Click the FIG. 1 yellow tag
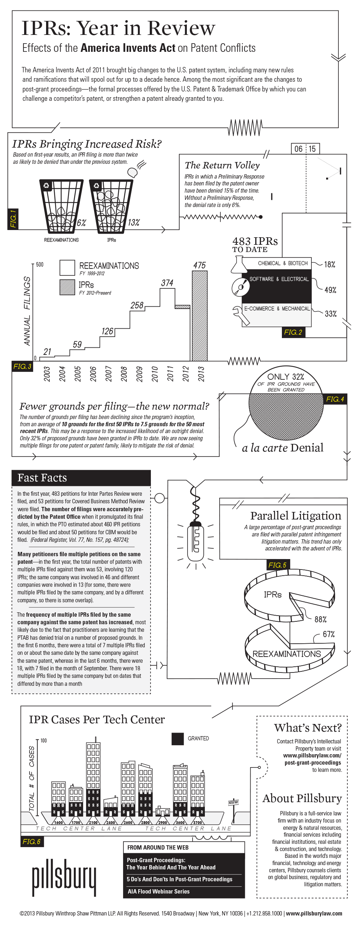tap(13, 219)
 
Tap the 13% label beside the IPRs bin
tap(134, 222)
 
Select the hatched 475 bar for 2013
tap(199, 315)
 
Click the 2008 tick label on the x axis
tap(124, 374)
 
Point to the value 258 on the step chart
tap(137, 305)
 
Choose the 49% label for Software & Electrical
tap(330, 290)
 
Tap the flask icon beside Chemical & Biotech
tap(238, 264)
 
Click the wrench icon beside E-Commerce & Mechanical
tap(240, 315)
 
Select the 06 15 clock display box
tap(305, 149)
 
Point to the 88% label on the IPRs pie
tap(320, 619)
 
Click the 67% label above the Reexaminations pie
tap(329, 634)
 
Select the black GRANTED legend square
tap(177, 738)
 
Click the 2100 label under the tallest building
tap(93, 822)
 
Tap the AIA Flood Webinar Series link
tap(158, 891)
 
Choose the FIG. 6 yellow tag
tap(32, 842)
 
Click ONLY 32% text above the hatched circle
tap(285, 377)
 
